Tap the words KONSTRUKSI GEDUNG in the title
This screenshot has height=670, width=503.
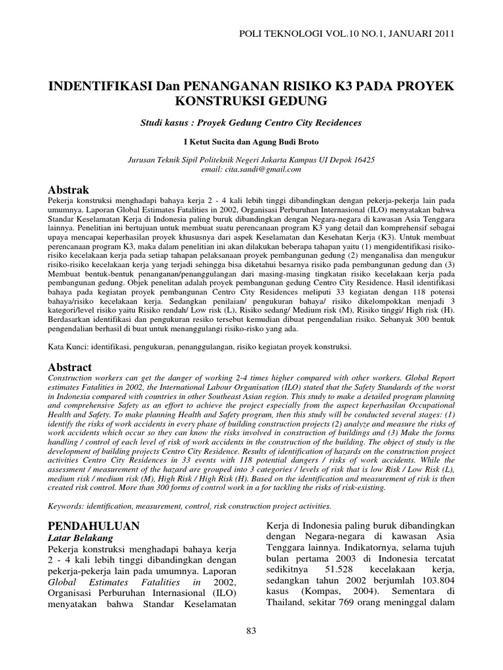[x=251, y=102]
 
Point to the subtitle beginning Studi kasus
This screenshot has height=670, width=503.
[x=251, y=122]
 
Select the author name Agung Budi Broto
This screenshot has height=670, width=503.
[x=286, y=141]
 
